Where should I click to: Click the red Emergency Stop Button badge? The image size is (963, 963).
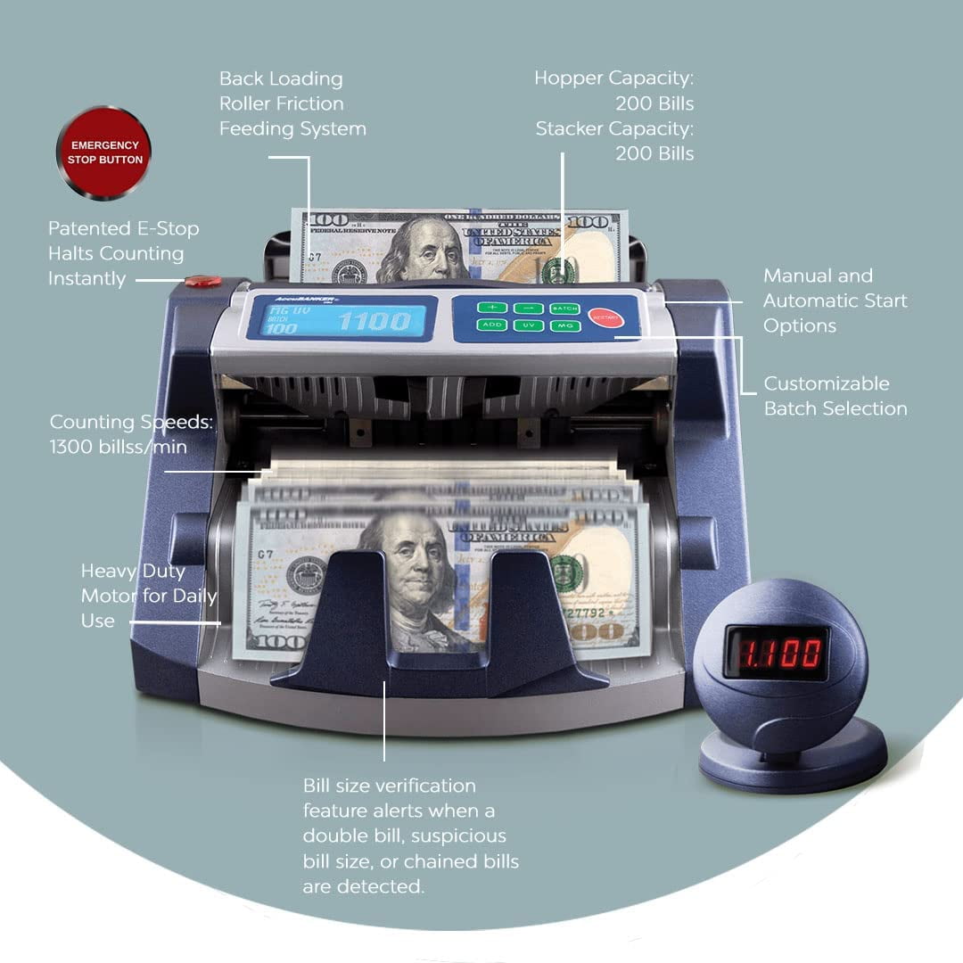coord(104,152)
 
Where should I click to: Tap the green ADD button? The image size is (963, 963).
coord(490,325)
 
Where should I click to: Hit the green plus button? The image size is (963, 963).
coord(490,308)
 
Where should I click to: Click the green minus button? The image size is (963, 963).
coord(527,308)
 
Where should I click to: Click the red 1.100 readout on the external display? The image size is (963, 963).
coord(775,653)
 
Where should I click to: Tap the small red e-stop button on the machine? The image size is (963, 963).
coord(203,282)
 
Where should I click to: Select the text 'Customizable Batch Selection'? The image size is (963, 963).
coord(835,396)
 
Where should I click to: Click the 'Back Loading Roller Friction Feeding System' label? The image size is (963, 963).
coord(292,103)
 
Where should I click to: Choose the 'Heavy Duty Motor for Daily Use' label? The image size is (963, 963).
coord(148,596)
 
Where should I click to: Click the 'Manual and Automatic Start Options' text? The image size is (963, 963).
coord(835,300)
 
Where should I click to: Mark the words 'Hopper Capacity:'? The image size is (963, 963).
coord(613,78)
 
